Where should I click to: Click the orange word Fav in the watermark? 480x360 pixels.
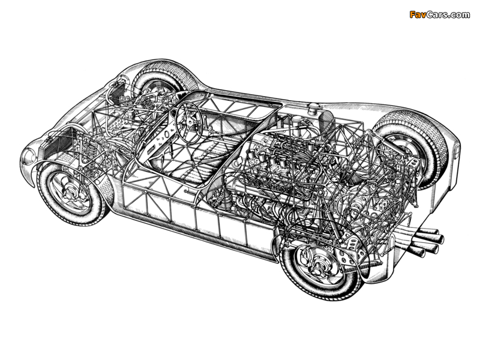click(x=416, y=14)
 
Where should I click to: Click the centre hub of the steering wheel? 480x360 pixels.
click(x=187, y=122)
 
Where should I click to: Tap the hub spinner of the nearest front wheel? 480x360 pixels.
click(x=71, y=193)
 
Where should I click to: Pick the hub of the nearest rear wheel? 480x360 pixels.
click(x=319, y=264)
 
